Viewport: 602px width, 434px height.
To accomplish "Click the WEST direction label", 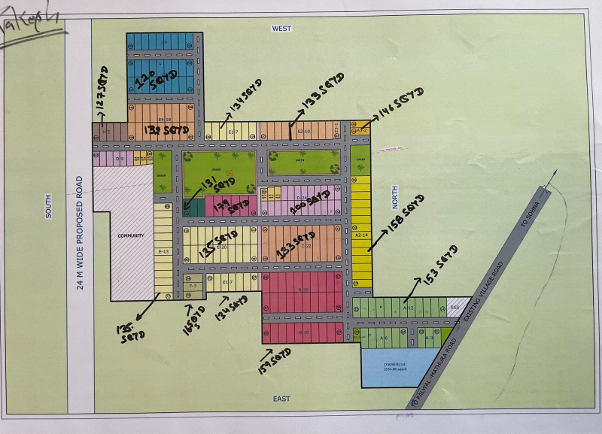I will [x=281, y=28].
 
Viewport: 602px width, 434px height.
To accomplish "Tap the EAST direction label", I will [x=281, y=399].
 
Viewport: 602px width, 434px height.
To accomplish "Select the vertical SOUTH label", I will [x=48, y=207].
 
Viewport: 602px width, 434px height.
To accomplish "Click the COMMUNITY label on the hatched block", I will [x=130, y=235].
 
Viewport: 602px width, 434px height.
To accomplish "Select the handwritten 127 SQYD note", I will [x=104, y=93].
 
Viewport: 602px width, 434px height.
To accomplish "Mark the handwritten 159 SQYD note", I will [x=275, y=361].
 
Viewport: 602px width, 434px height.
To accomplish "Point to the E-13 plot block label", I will [x=163, y=251].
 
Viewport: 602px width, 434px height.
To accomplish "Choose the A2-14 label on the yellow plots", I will [x=360, y=235].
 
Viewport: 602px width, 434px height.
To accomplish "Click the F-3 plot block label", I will [x=193, y=286].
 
